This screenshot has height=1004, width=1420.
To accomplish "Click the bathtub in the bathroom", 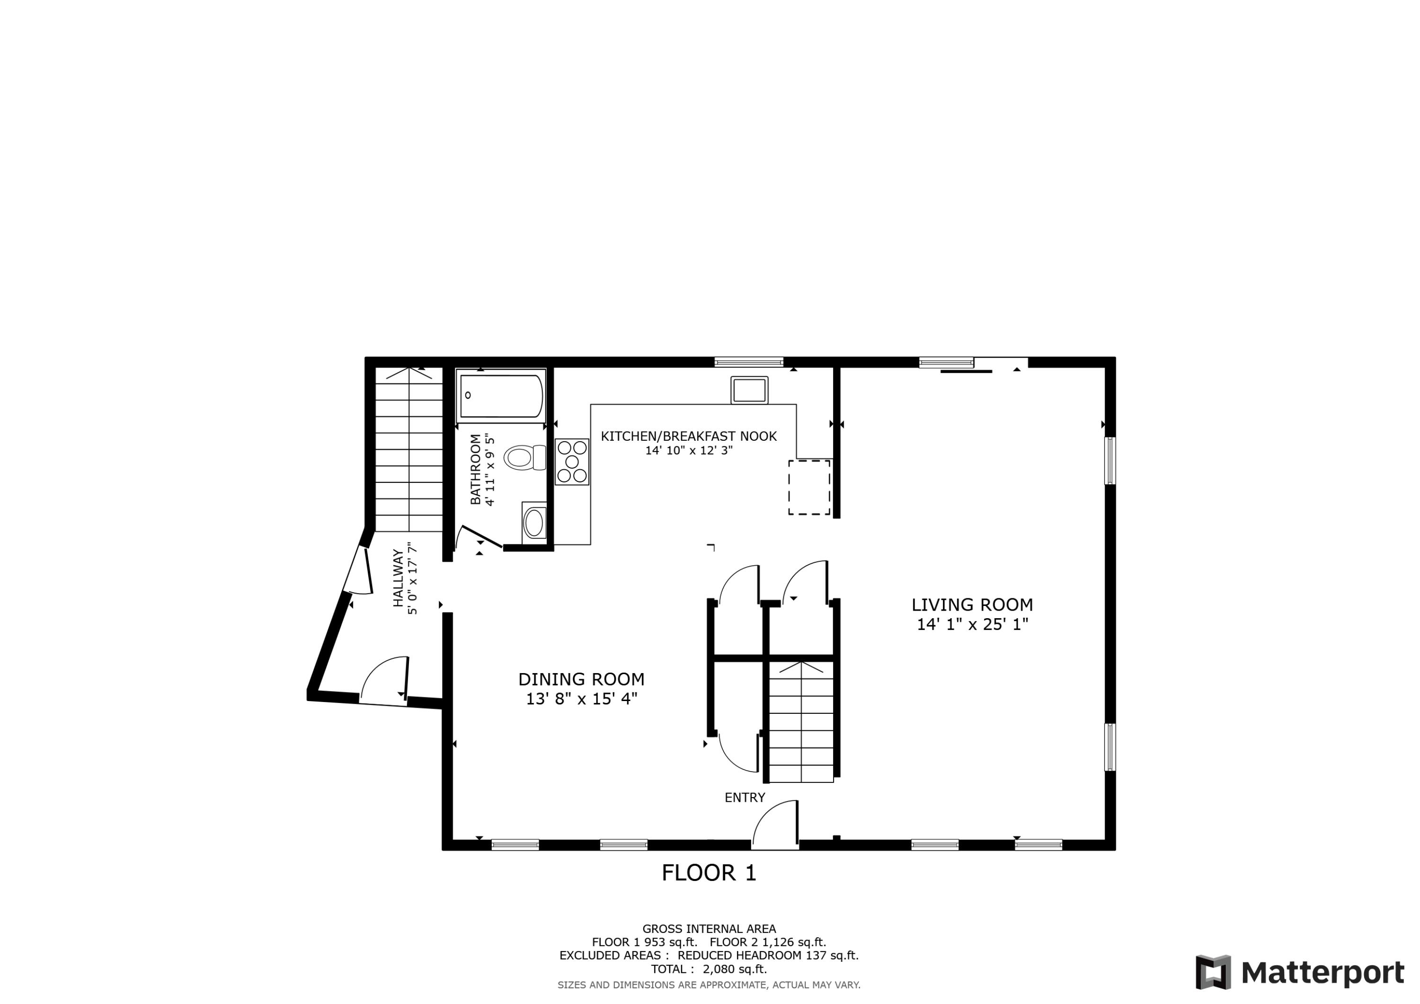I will click(501, 396).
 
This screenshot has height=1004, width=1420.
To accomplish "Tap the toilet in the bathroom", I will click(523, 458).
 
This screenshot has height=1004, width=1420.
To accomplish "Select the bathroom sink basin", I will click(534, 524).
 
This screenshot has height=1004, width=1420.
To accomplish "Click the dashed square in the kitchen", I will click(809, 488).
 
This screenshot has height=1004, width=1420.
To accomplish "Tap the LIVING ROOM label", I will click(972, 605).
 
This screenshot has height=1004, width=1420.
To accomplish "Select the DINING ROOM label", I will click(581, 679).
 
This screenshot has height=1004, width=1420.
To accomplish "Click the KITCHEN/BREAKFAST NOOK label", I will click(688, 436).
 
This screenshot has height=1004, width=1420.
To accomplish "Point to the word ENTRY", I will click(745, 798).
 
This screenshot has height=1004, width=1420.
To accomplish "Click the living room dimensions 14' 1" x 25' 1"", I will click(972, 625).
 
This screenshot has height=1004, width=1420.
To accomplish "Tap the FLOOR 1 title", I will click(709, 873).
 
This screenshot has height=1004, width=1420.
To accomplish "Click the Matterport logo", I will click(1299, 972).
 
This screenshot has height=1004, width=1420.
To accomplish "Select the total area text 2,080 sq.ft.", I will click(734, 969).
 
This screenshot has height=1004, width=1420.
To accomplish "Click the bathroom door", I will click(480, 536).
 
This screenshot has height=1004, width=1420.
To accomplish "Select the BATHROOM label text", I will click(475, 470).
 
